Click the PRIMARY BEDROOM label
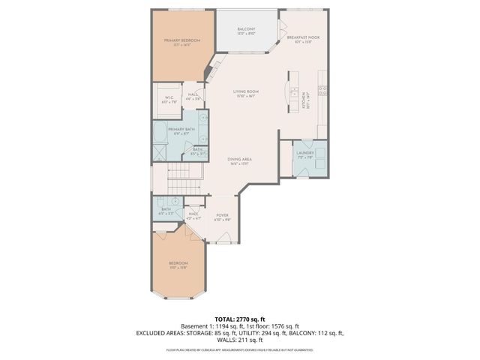tap(180, 40)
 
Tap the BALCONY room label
tap(247, 29)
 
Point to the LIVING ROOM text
tap(244, 92)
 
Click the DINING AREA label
tap(240, 160)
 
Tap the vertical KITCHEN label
tap(304, 98)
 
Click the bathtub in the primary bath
tap(159, 135)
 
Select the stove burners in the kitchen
tap(322, 90)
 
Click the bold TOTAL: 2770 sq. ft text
tap(240, 319)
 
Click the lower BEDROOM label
tap(178, 262)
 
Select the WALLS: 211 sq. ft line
tap(240, 340)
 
